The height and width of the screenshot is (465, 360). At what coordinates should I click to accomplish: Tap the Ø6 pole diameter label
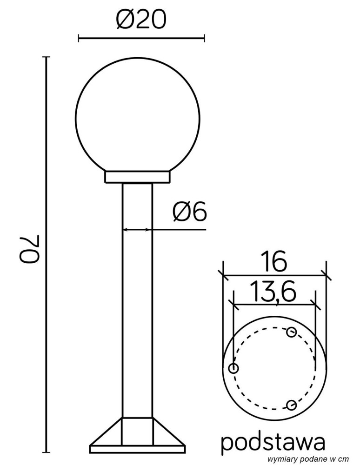(189, 213)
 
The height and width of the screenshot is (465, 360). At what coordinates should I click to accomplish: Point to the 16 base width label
(274, 263)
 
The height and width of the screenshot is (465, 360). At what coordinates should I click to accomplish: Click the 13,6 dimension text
(274, 292)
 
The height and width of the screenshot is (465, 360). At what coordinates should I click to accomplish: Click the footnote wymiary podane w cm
(308, 459)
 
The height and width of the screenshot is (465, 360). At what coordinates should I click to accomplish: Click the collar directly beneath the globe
(137, 177)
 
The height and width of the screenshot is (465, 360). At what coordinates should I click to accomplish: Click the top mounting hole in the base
(292, 332)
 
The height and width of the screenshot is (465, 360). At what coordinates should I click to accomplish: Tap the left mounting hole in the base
(233, 369)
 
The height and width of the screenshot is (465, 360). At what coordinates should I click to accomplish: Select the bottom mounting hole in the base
(291, 405)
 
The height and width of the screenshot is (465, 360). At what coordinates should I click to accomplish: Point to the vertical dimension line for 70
(46, 254)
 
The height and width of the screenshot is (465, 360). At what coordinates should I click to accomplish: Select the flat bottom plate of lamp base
(137, 449)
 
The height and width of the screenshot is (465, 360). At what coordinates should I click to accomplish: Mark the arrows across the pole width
(137, 229)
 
